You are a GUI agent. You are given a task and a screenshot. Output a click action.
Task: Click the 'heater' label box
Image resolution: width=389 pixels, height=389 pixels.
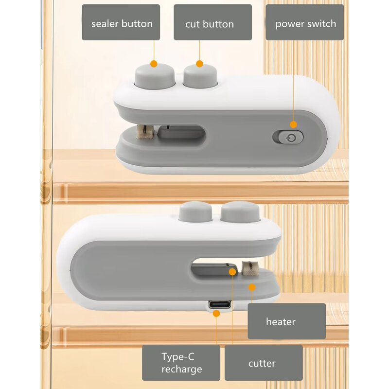(286, 321)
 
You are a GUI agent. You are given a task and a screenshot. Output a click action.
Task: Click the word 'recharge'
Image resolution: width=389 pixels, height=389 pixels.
(181, 369)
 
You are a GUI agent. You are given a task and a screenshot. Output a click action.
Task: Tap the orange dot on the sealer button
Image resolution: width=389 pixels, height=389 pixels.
(154, 63)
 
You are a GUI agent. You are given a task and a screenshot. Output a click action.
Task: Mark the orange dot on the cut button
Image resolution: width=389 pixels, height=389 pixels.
(199, 63)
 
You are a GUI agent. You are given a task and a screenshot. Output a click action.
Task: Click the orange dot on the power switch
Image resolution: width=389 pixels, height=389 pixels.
(293, 124)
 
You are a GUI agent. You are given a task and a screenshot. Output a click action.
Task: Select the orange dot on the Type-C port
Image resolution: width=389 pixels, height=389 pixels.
(216, 313)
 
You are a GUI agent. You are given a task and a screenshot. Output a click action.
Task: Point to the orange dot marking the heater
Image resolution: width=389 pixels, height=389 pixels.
(252, 287)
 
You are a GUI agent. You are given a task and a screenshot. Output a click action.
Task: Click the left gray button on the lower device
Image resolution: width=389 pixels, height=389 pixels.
(194, 212)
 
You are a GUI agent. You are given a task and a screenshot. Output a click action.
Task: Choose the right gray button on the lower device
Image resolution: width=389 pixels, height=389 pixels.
(240, 212)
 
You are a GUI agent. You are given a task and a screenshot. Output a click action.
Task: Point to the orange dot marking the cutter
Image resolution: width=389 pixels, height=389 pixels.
(232, 271)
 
